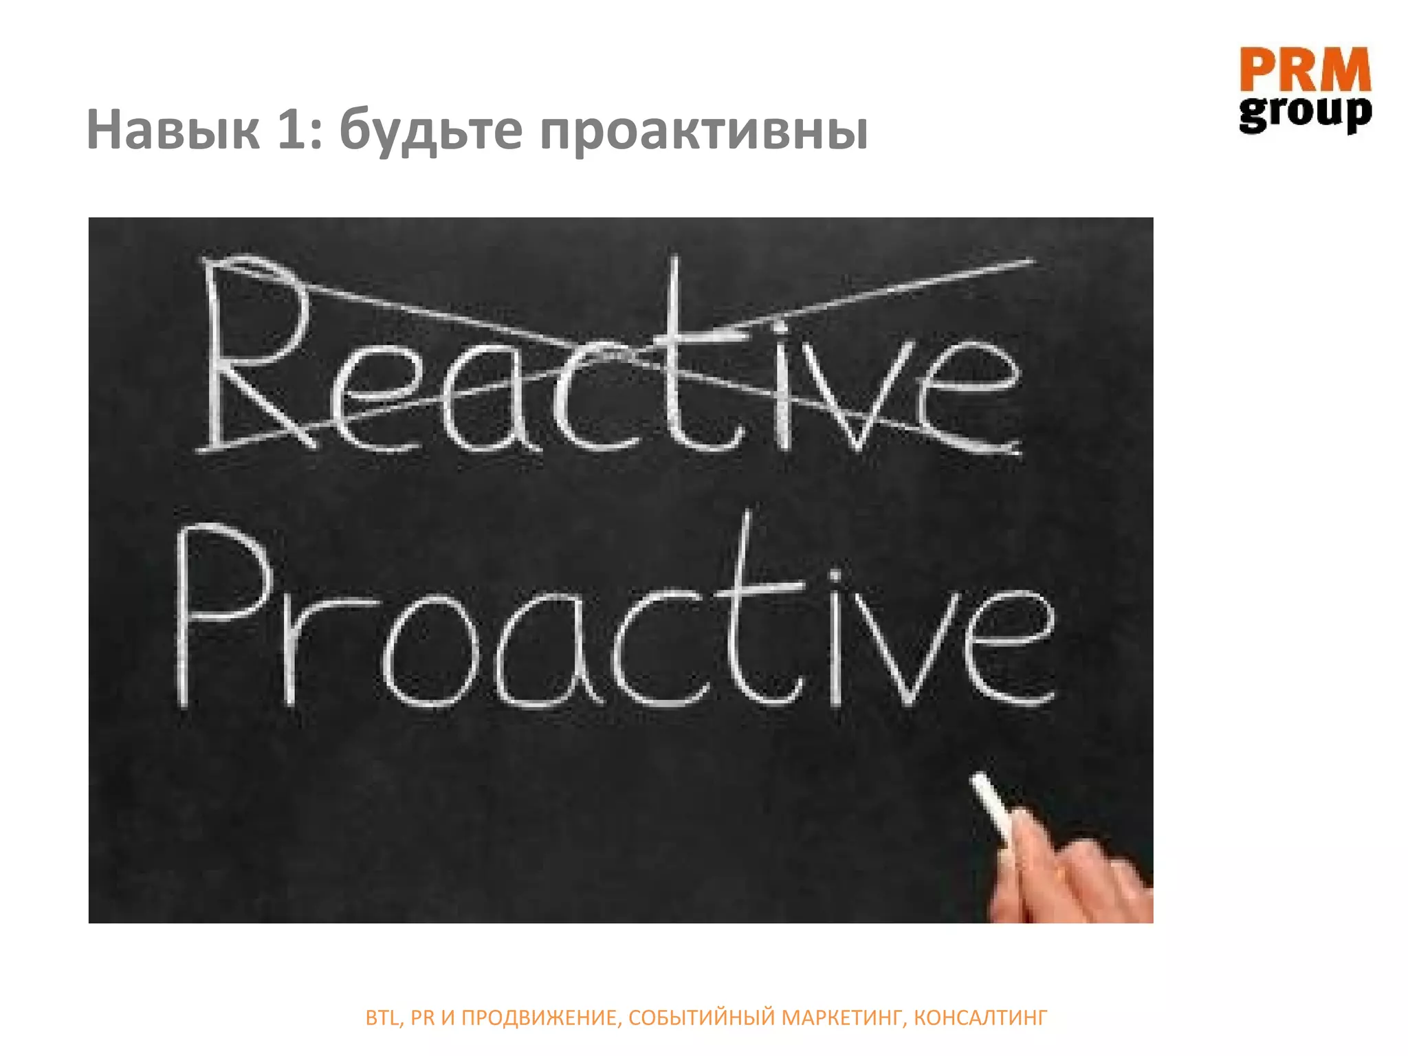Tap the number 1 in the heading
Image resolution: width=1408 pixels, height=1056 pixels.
[292, 130]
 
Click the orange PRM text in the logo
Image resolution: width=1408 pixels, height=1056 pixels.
[1305, 70]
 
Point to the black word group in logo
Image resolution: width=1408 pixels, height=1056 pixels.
[1305, 113]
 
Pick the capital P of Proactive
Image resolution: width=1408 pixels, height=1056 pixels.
[220, 612]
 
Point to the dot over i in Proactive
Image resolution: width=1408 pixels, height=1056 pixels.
[835, 574]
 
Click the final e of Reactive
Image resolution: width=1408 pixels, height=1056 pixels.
[969, 399]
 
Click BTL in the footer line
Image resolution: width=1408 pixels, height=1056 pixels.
[381, 1017]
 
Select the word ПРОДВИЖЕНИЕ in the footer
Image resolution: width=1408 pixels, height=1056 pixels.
[539, 1017]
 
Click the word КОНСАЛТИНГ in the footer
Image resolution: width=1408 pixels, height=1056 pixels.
[980, 1017]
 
